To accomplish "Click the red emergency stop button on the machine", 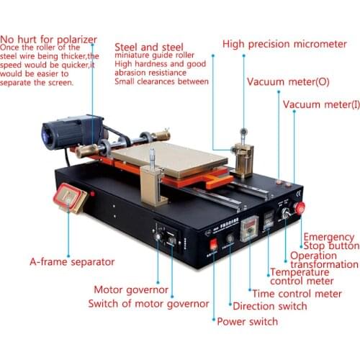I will [x=300, y=209].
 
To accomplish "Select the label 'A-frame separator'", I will [x=62, y=261].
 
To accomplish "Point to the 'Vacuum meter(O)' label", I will [x=288, y=82].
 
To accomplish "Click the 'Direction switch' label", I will [x=269, y=306].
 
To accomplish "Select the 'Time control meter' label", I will [x=296, y=293].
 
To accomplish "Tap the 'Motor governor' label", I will [x=132, y=289].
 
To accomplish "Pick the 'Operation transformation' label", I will [x=324, y=260].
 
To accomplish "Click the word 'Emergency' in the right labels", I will [x=328, y=237].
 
